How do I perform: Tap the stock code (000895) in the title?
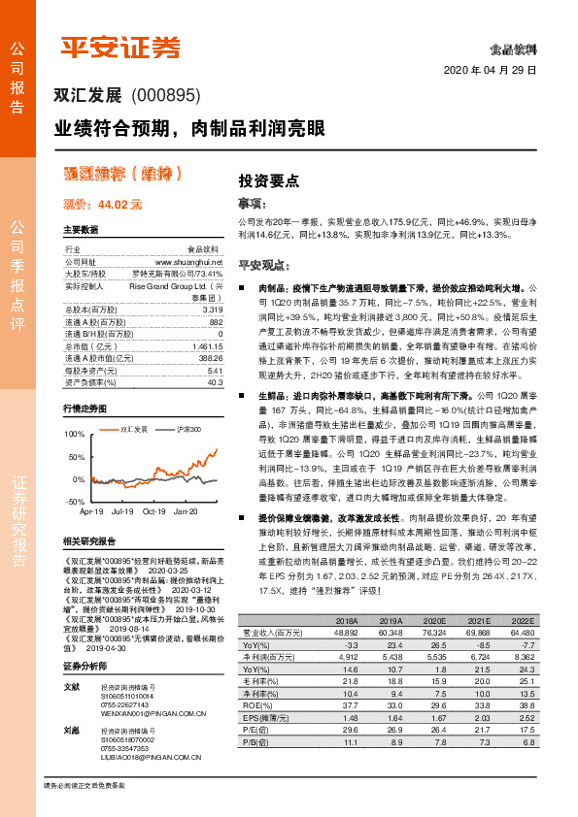164,95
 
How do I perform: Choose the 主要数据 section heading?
81,230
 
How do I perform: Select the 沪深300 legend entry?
189,428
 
